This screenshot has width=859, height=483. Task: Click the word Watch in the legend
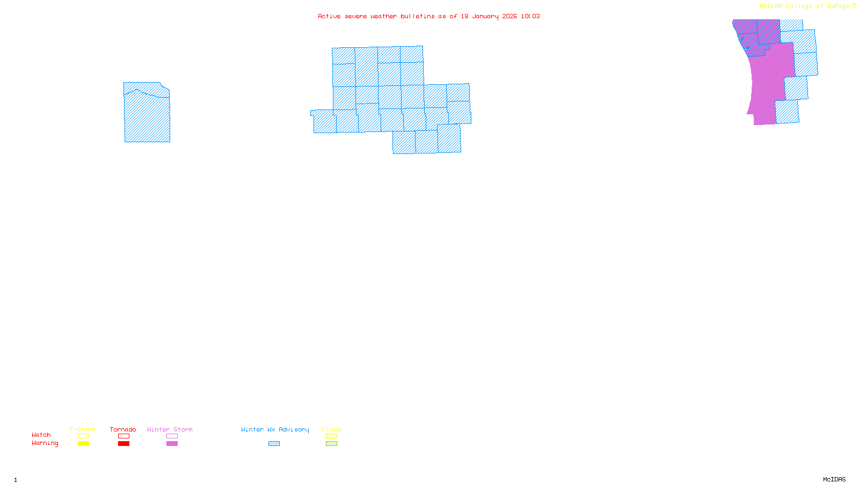click(41, 435)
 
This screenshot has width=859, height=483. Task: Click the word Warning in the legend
click(45, 443)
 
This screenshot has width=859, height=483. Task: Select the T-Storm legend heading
click(83, 429)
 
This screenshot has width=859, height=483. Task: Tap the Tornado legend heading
click(123, 429)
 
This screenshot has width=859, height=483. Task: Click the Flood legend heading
click(331, 429)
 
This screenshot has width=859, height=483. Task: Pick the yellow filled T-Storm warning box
click(83, 444)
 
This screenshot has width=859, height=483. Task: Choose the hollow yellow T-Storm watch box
click(83, 436)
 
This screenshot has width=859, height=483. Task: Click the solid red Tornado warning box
click(123, 444)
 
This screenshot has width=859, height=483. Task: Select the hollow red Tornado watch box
click(123, 436)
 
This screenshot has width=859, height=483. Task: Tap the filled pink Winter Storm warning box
click(172, 444)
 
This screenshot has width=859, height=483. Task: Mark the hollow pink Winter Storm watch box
click(172, 436)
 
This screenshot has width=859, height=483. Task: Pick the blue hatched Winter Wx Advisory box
click(274, 444)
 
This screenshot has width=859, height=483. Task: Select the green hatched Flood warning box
click(331, 444)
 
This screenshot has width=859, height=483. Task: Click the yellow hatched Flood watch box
click(331, 436)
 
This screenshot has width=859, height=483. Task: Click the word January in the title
click(485, 16)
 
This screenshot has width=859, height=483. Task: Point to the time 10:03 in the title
click(530, 16)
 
